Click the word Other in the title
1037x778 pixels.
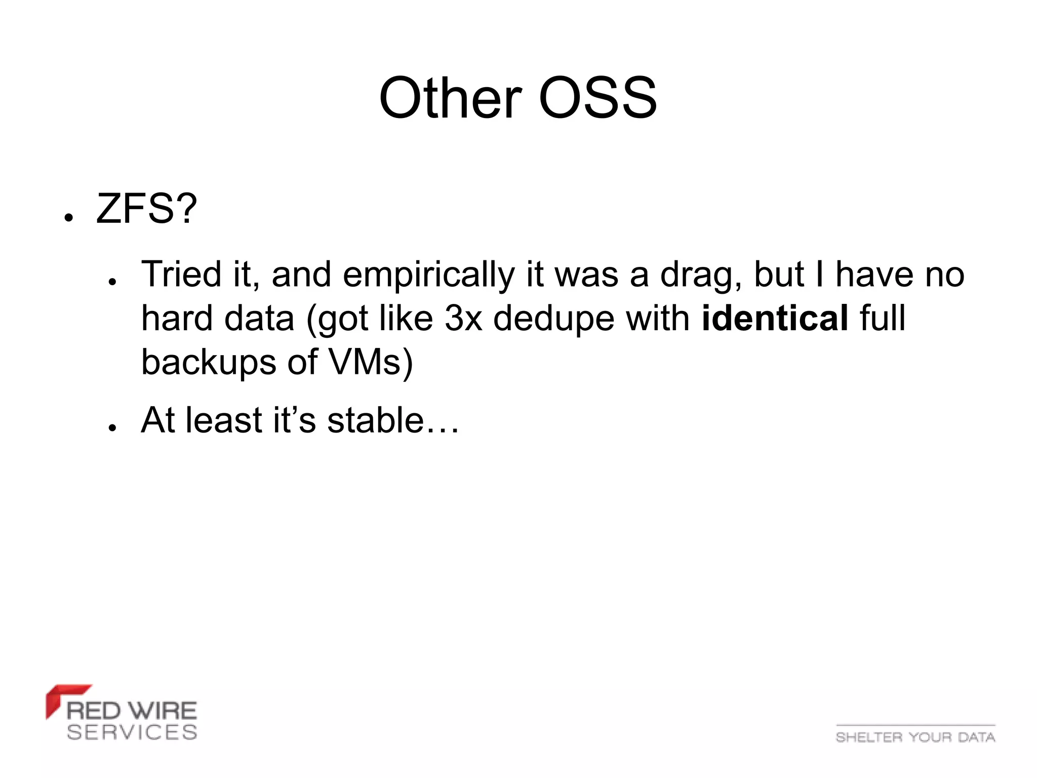point(450,98)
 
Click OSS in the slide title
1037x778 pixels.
point(597,98)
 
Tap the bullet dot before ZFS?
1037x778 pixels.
point(69,217)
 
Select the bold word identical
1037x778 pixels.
point(775,318)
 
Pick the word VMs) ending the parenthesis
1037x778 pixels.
point(371,362)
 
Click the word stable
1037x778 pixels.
point(375,420)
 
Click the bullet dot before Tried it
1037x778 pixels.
point(112,282)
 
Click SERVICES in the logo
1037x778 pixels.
point(132,732)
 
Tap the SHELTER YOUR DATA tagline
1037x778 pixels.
point(915,737)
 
